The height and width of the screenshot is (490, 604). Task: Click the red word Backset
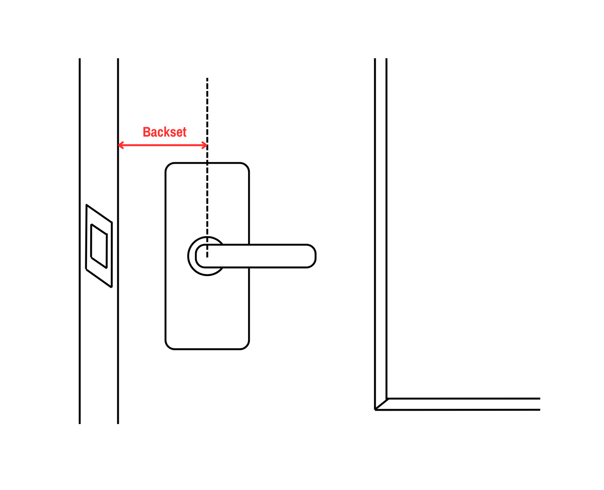(165, 132)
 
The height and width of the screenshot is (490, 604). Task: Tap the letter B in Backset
(147, 132)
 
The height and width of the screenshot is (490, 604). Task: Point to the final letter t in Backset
(184, 132)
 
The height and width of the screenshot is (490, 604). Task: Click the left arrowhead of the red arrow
(119, 145)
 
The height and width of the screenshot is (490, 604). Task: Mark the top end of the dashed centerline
(207, 79)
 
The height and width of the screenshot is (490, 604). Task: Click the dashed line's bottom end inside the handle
(207, 257)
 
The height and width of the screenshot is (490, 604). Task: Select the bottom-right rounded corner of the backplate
(246, 346)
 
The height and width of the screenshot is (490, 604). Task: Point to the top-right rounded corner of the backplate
(246, 166)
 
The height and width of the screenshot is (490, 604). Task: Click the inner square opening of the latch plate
(99, 246)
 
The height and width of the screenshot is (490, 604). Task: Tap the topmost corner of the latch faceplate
(87, 205)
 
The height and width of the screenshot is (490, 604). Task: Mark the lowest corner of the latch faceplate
(111, 287)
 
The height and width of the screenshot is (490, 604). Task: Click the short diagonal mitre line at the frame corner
(381, 404)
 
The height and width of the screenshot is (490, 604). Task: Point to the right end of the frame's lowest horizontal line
(539, 410)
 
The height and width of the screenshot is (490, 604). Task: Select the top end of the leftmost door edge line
(80, 59)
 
